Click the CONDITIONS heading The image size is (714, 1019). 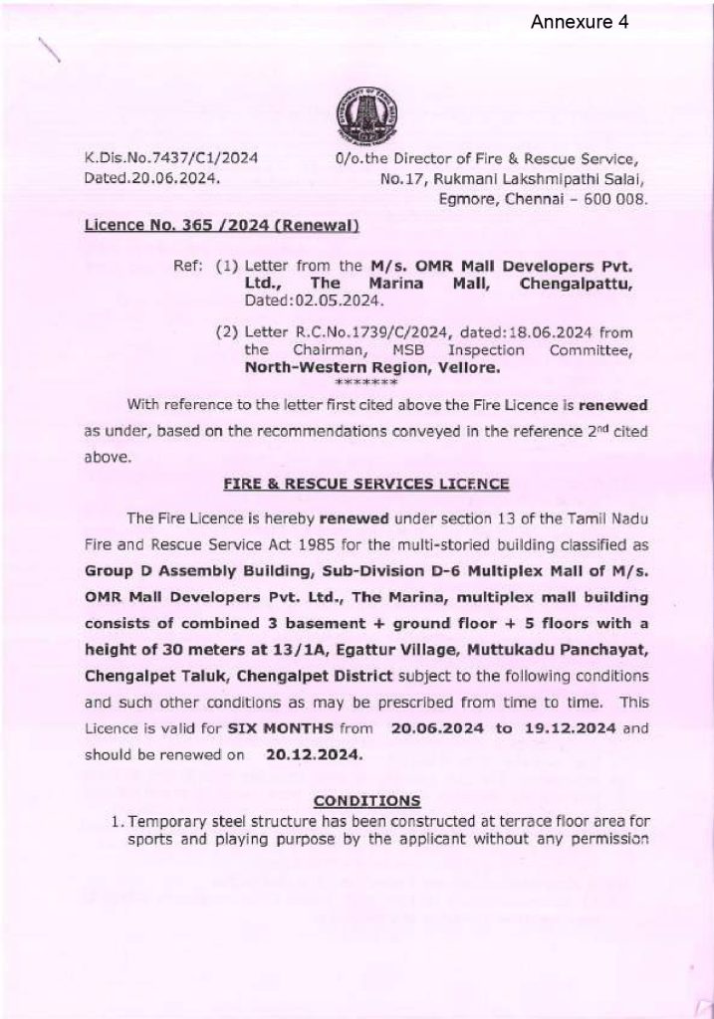366,800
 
